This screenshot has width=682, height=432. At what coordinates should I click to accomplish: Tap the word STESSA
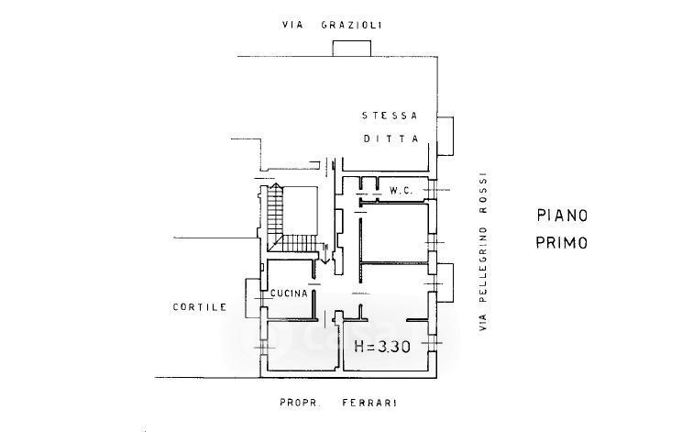[390, 116]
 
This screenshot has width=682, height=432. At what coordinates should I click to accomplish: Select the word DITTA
[390, 139]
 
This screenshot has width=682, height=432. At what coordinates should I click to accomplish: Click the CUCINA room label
[289, 294]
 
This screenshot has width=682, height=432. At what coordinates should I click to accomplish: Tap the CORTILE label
[199, 307]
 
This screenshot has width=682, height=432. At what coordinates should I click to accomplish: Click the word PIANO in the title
[561, 216]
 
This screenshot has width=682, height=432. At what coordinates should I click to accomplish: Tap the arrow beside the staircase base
[324, 254]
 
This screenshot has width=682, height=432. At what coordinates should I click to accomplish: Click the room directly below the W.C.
[394, 234]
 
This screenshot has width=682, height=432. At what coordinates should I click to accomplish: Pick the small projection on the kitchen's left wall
[252, 296]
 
